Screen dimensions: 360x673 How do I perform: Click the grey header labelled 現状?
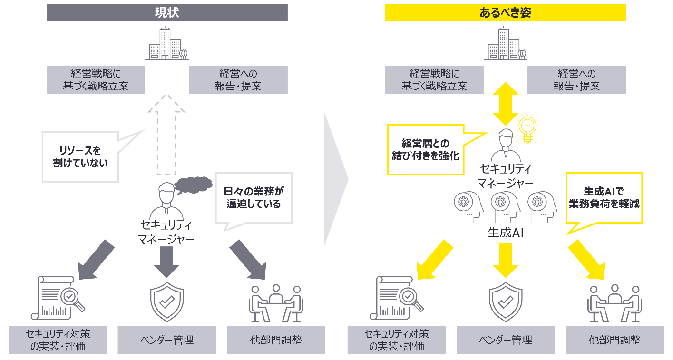[167, 13]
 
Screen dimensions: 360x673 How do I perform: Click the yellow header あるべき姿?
[505, 13]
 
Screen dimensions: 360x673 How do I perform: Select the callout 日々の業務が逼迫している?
[253, 197]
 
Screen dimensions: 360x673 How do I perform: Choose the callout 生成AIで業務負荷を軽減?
[604, 197]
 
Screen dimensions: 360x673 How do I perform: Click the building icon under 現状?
[166, 44]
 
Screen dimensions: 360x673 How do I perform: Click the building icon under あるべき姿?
[505, 44]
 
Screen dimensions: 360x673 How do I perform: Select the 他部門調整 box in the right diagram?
[614, 340]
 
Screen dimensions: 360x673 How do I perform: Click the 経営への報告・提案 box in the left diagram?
[238, 80]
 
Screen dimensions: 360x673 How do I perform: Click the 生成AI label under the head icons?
[505, 233]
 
